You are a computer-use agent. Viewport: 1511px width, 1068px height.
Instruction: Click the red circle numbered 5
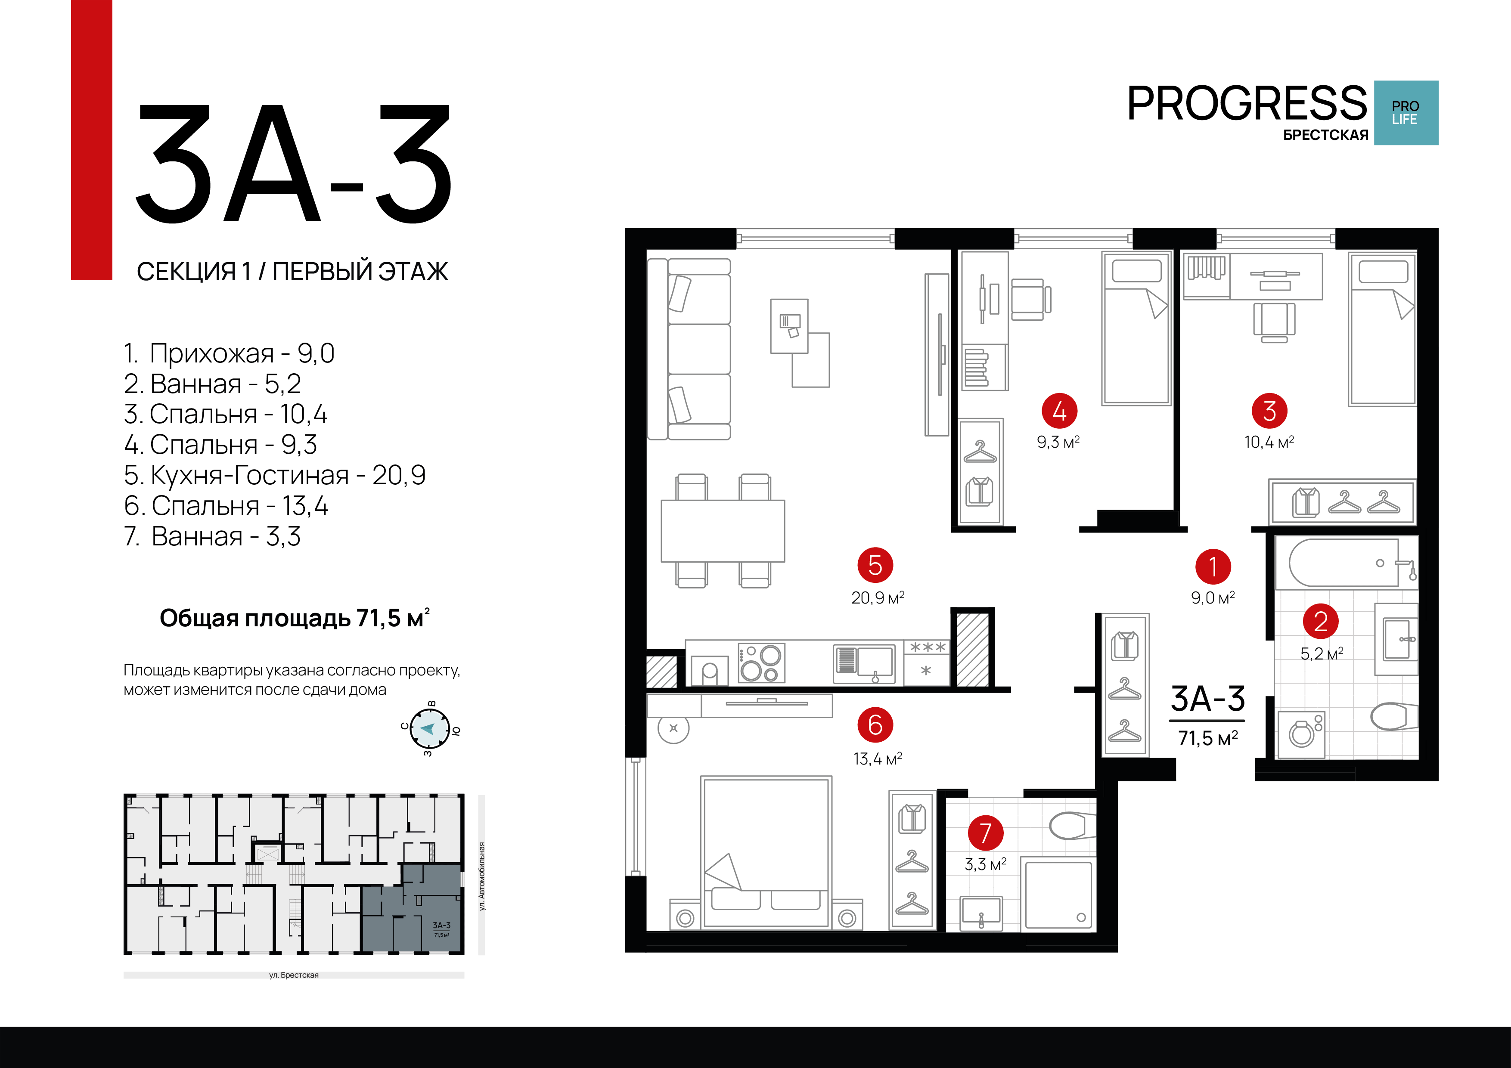[875, 565]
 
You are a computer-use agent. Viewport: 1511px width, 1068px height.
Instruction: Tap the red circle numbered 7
[985, 833]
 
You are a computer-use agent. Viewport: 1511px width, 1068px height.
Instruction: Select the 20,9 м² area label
[877, 597]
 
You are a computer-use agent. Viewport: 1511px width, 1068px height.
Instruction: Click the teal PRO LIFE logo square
[1406, 112]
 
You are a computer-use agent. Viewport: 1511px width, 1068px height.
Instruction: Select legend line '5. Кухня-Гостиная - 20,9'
[274, 475]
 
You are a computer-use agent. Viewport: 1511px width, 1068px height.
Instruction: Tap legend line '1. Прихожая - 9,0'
[229, 353]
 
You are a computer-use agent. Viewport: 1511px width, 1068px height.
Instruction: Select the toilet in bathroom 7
[1070, 825]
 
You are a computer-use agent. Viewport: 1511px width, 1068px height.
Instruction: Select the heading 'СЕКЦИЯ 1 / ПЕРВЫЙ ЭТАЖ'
[292, 271]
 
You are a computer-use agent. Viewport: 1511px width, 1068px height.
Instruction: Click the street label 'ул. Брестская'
[294, 975]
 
